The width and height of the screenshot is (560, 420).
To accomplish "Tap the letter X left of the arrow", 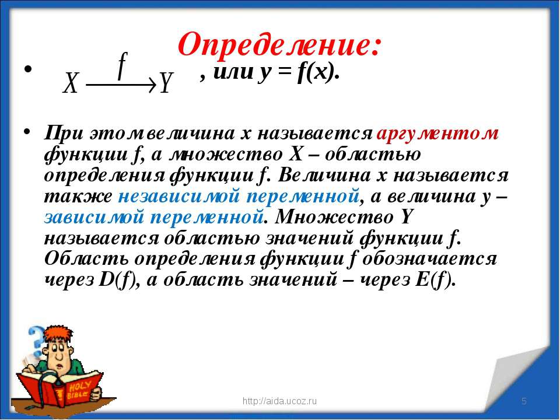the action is [x=71, y=83].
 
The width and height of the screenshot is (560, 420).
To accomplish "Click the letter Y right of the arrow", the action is [x=165, y=82].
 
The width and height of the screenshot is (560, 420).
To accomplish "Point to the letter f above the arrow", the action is [x=122, y=66].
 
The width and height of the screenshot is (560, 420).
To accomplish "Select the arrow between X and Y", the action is [x=121, y=85].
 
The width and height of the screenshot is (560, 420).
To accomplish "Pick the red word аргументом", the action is [x=438, y=134].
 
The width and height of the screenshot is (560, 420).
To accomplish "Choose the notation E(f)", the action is [x=435, y=279].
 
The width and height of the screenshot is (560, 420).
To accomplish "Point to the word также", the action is [x=78, y=197].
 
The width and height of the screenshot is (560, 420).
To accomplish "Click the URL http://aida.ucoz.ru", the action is [x=279, y=401].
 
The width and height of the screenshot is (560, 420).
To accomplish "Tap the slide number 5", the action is [x=524, y=401].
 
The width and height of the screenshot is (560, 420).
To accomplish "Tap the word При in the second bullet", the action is [x=64, y=134].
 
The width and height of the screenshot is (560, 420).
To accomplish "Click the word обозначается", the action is [x=429, y=258].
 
